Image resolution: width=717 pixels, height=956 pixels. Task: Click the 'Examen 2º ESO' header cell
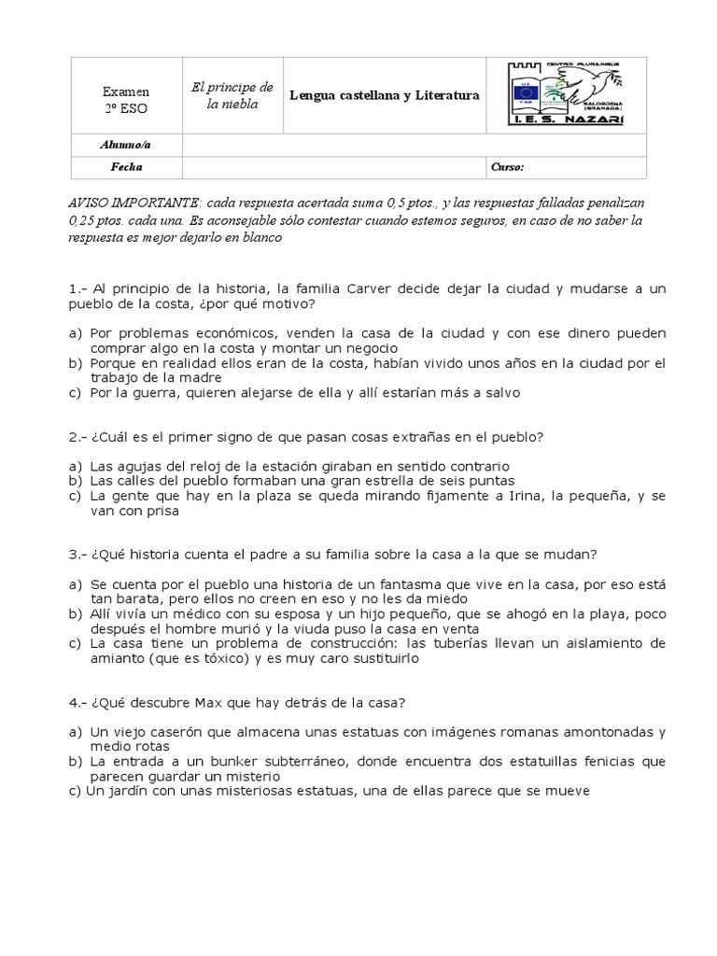tap(125, 100)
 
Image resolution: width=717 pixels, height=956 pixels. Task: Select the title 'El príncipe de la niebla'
tap(232, 95)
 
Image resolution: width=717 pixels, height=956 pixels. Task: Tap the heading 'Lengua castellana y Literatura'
tap(385, 95)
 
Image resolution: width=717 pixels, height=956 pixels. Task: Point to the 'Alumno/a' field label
tap(124, 145)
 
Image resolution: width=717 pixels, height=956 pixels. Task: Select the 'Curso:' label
tap(507, 167)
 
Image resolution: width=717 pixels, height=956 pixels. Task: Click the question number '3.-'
tap(77, 554)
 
